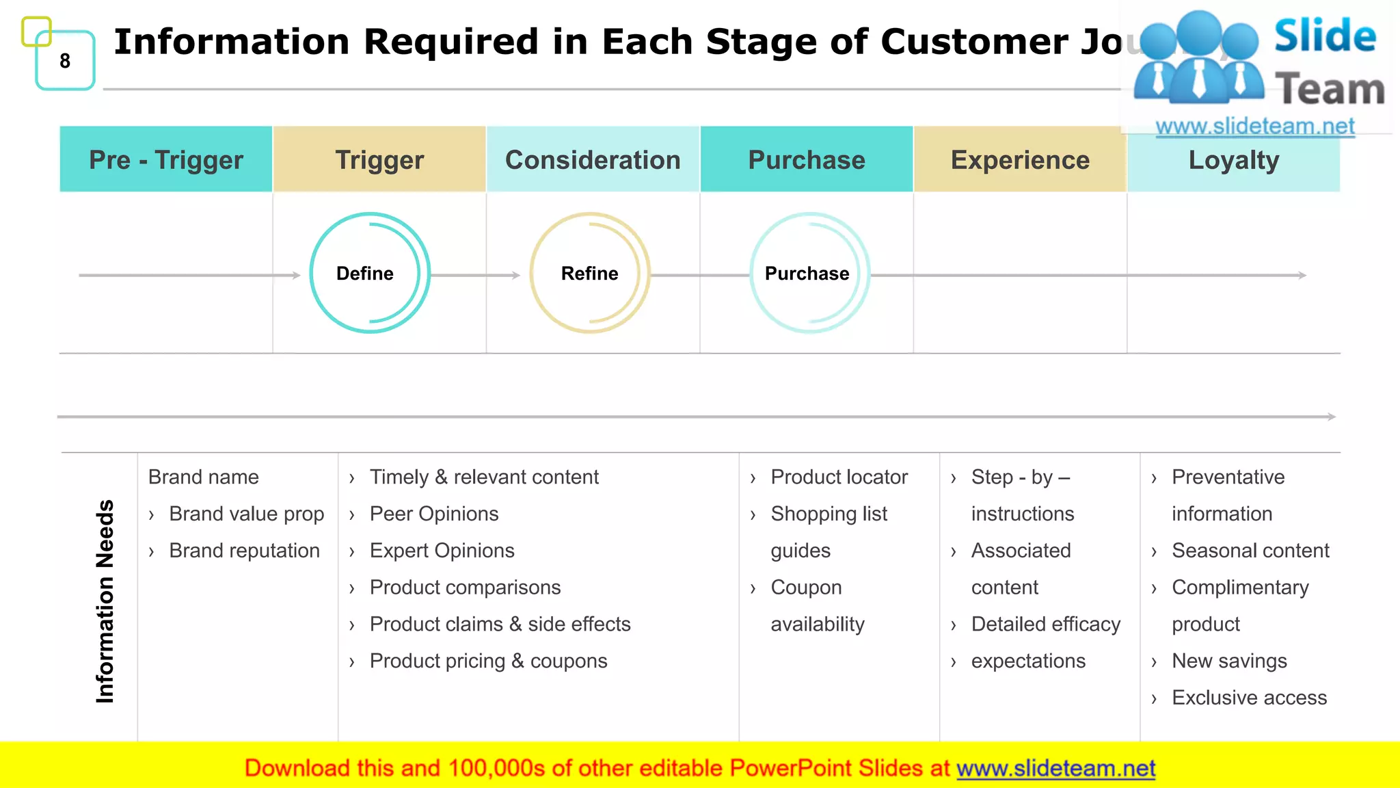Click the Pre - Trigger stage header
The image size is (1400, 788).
click(x=166, y=159)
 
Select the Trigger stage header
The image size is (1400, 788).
click(x=379, y=159)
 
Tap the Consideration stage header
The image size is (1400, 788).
click(x=593, y=159)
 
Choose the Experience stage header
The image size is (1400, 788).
click(x=1020, y=159)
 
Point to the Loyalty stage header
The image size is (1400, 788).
click(x=1233, y=159)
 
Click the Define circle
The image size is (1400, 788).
click(x=369, y=273)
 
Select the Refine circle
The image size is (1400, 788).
click(x=589, y=273)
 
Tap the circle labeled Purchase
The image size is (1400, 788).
click(x=809, y=273)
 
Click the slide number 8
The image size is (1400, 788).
click(x=65, y=61)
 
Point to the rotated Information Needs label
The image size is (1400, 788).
click(x=105, y=601)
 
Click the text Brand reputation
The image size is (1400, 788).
click(x=244, y=551)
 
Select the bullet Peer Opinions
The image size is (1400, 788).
click(x=434, y=514)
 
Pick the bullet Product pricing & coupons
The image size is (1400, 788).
click(x=488, y=661)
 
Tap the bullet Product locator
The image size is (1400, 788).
click(x=839, y=477)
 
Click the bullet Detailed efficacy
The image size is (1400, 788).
click(x=1045, y=624)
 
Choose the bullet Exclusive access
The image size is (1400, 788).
click(x=1249, y=698)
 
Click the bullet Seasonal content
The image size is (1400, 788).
click(x=1250, y=551)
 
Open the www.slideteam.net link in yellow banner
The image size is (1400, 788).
click(x=1055, y=768)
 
